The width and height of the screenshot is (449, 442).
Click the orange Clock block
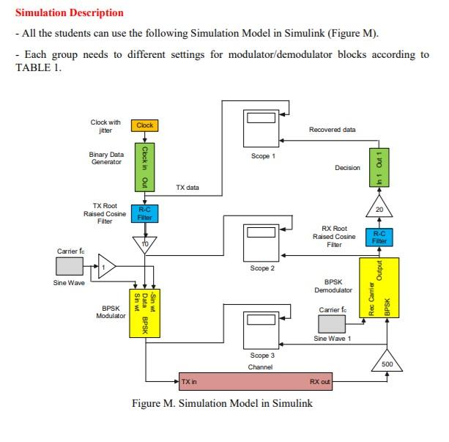pyautogui.click(x=145, y=125)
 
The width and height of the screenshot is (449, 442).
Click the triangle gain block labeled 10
pyautogui.click(x=145, y=243)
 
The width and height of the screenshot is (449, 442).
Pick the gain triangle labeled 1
pyautogui.click(x=105, y=267)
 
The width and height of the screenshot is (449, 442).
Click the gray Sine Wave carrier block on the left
pyautogui.click(x=71, y=266)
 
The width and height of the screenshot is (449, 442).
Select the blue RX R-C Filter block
pyautogui.click(x=378, y=237)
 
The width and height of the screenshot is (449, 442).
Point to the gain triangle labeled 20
pyautogui.click(x=379, y=207)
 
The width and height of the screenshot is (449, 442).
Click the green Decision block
pyautogui.click(x=379, y=167)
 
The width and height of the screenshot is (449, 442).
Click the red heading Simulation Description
pyautogui.click(x=70, y=13)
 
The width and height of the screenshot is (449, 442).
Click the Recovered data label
pyautogui.click(x=332, y=130)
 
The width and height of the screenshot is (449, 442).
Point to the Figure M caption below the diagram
pyautogui.click(x=221, y=403)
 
